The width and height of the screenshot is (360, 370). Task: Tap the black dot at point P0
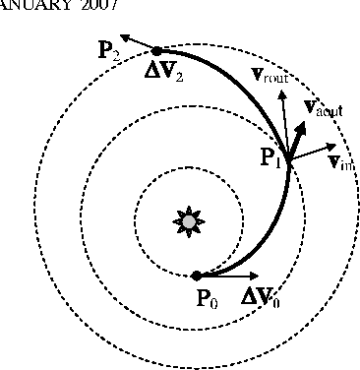pos(197,276)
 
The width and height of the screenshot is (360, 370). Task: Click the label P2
pos(110,51)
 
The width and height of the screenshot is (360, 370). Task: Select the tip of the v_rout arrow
pos(282,93)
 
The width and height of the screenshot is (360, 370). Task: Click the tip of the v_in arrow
pos(331,149)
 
